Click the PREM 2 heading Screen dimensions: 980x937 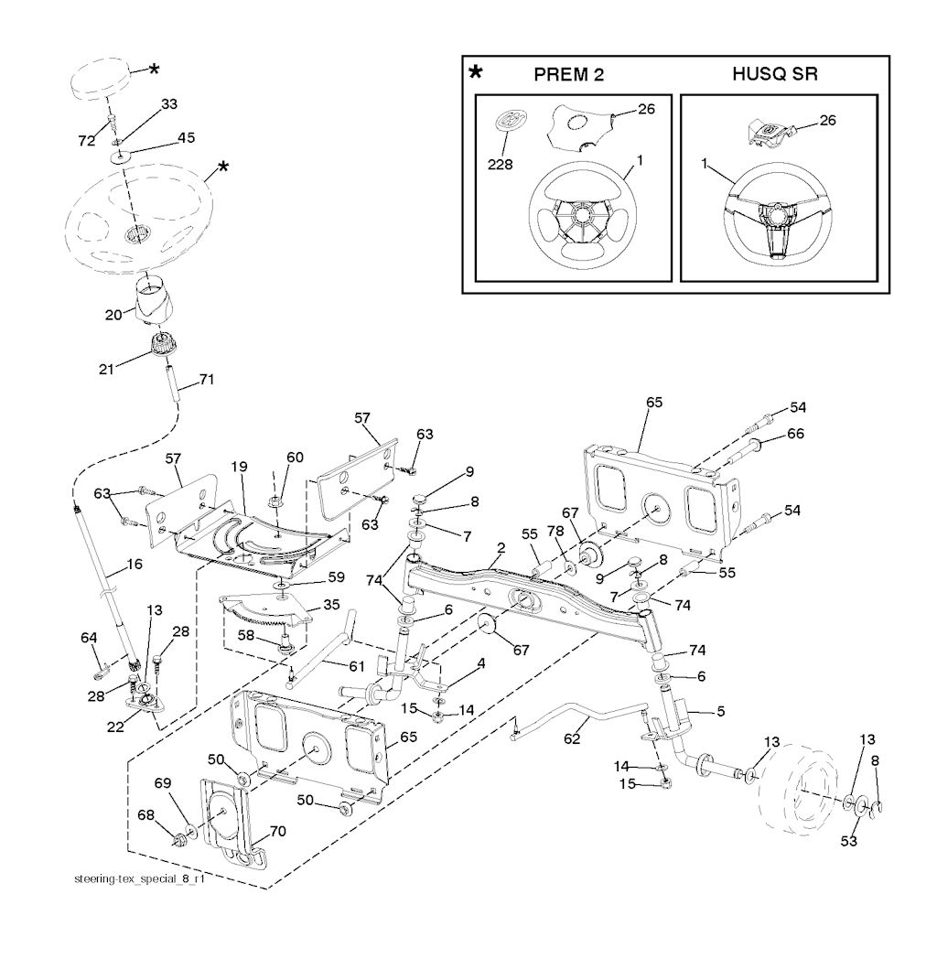[x=569, y=74]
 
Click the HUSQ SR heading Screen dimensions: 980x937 [x=774, y=74]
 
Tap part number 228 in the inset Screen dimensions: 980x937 [x=501, y=165]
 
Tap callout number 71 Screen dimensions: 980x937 [x=206, y=380]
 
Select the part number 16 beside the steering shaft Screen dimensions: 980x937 [x=135, y=565]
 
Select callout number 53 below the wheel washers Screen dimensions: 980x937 [x=851, y=840]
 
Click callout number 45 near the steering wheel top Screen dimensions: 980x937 [x=186, y=138]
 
